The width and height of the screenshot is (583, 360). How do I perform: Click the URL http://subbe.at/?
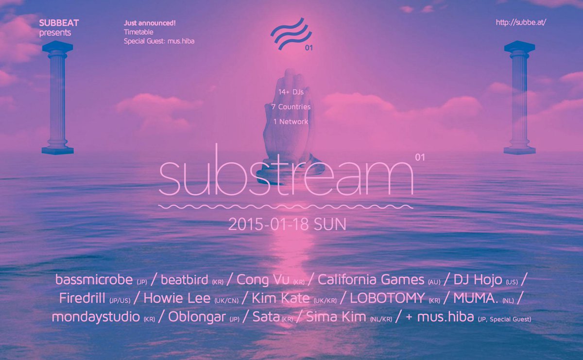521,23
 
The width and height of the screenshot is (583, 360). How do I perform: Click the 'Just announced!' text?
150,23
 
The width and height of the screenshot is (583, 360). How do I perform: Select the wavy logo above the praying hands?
291,34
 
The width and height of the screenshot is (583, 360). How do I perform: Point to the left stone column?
58,97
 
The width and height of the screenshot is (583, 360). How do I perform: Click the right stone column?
519,97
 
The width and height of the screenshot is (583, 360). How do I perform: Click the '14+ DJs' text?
291,92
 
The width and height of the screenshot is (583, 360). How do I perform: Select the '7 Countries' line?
291,107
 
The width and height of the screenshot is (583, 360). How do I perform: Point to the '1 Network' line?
291,122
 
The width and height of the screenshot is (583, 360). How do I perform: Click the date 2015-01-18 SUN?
287,224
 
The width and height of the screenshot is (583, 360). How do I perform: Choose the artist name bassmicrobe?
94,280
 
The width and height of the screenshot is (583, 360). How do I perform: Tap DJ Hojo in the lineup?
478,280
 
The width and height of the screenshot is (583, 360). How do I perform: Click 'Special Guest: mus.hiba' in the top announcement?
159,41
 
